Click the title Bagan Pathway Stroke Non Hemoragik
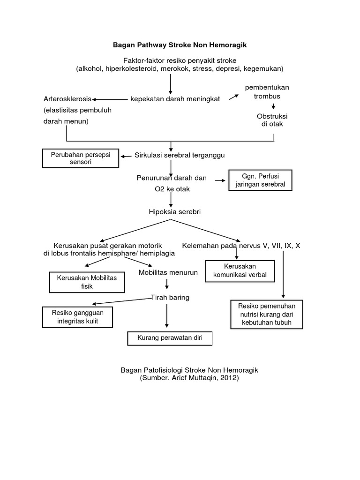(x=180, y=45)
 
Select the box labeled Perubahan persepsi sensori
(x=81, y=158)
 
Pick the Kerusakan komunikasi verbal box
(x=240, y=270)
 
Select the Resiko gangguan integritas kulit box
(x=77, y=317)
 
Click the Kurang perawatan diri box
(x=170, y=338)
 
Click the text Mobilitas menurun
(x=168, y=272)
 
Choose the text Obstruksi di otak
(x=272, y=120)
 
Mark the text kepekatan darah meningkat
(x=175, y=99)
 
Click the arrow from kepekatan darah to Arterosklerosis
(x=111, y=99)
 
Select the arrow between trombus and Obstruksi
(x=273, y=107)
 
